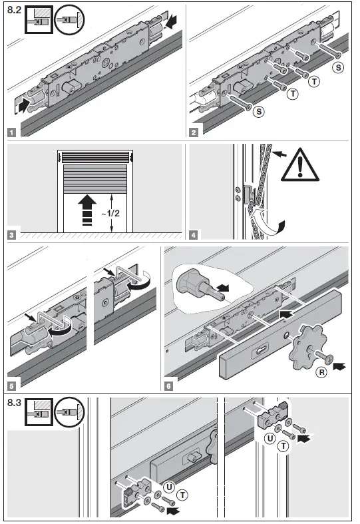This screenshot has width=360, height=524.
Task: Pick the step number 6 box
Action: coord(169,384)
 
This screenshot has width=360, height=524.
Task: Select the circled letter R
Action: coord(321,373)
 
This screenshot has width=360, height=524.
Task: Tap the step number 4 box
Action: coord(194,234)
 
